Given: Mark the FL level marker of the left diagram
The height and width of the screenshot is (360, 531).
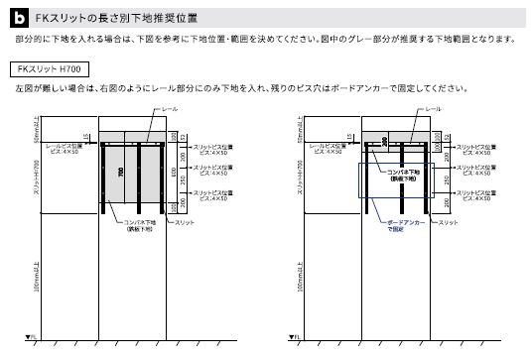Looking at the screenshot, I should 30,337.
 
